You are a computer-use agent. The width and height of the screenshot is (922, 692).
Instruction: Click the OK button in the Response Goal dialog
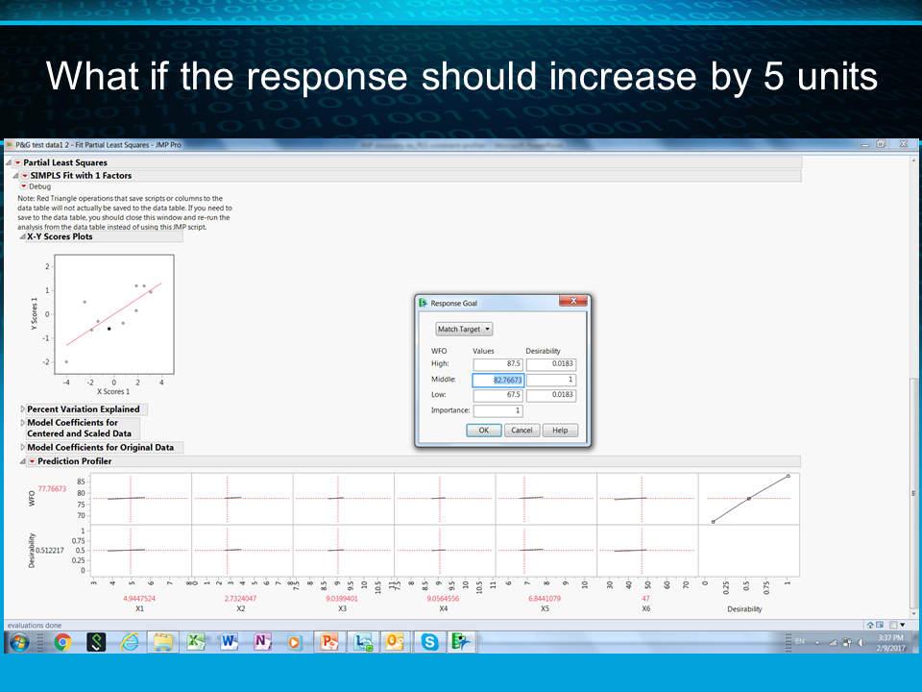tap(483, 431)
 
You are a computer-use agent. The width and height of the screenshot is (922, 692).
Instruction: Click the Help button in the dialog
tap(560, 431)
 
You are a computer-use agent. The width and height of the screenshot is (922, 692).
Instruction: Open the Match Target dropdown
tap(464, 329)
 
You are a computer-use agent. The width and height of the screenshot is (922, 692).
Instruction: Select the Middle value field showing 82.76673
tap(497, 381)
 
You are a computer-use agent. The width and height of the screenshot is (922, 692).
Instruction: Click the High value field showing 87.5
tap(497, 364)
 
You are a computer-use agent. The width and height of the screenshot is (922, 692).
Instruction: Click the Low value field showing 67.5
tap(497, 395)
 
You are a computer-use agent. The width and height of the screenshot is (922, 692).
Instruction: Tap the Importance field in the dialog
tap(497, 411)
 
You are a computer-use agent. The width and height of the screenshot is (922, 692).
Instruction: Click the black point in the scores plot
tap(109, 329)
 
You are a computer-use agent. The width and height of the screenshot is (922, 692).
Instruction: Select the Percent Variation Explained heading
tap(83, 409)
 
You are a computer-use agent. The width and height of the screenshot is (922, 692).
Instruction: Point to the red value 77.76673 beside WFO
tap(52, 488)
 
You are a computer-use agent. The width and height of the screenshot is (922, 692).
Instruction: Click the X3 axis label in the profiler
tap(343, 608)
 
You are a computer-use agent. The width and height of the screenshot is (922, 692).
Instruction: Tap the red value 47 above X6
tap(645, 598)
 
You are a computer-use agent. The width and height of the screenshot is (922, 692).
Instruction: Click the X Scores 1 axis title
tap(113, 392)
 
